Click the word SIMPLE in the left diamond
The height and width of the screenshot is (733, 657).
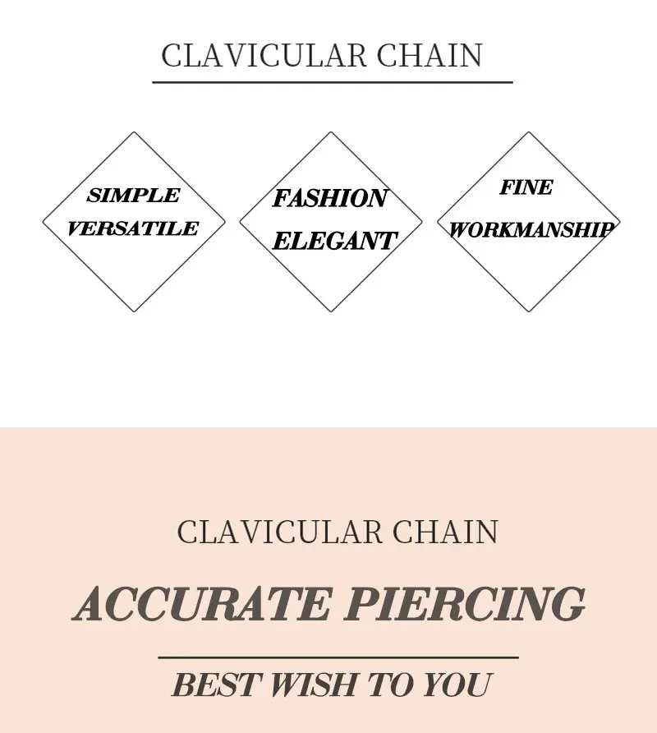[133, 196]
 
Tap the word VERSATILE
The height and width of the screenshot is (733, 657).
[133, 229]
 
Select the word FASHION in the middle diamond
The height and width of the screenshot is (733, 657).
[329, 198]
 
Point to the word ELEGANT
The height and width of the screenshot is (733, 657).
[334, 241]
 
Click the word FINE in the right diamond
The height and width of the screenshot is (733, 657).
[526, 187]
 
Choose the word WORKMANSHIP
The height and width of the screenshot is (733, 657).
[531, 230]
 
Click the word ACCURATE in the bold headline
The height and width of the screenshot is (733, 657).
[202, 606]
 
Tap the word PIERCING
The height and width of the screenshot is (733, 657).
[465, 606]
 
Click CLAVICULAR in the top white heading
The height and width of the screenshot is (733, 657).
[263, 56]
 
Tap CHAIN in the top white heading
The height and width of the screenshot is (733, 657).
[430, 56]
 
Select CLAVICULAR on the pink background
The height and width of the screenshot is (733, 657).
[279, 532]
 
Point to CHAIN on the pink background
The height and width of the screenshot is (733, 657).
[445, 532]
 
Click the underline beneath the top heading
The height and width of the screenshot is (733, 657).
[333, 82]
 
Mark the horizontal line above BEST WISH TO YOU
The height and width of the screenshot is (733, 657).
[338, 657]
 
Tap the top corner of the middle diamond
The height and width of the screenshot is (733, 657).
[331, 132]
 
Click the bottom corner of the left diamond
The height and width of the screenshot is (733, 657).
[134, 311]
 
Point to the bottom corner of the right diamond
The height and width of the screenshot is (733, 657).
[528, 311]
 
